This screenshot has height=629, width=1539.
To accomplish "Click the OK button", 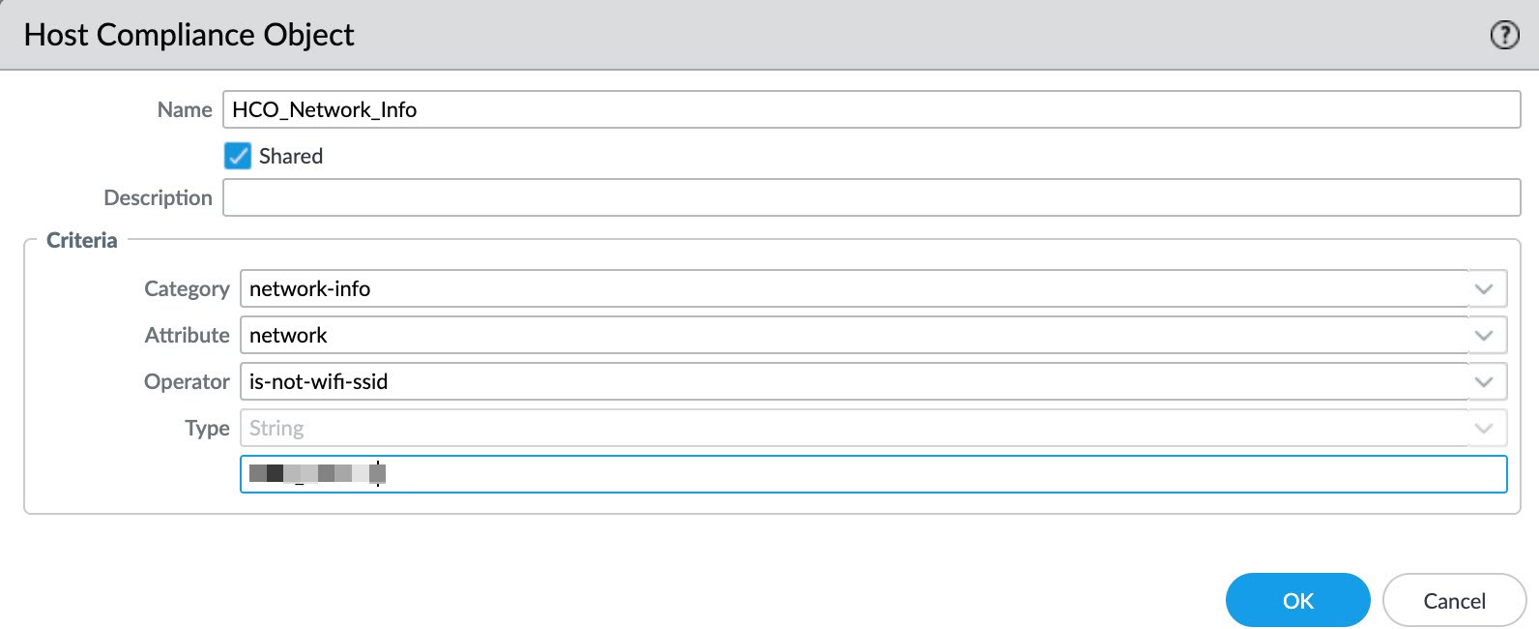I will point(1297,601).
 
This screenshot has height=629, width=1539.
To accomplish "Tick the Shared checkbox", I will point(238,156).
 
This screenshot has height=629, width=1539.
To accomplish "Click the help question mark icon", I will point(1504,36).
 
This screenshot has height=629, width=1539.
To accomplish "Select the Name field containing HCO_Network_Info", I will point(870,109).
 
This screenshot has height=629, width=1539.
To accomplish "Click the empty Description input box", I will point(870,197).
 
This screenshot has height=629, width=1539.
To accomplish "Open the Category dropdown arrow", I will point(1484,289).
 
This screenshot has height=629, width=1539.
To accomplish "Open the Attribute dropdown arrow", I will point(1484,336).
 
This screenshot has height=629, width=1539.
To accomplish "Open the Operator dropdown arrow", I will point(1484,382).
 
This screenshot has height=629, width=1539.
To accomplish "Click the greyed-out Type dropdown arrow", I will point(1484,429).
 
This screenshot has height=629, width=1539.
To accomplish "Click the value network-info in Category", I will point(309,289).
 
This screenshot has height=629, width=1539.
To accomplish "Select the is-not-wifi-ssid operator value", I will point(318,382).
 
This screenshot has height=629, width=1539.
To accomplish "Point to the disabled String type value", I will point(276,429).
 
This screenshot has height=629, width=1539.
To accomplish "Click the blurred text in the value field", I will point(317,473).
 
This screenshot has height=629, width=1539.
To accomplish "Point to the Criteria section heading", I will point(81,241).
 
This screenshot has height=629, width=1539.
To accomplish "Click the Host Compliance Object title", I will point(189,35).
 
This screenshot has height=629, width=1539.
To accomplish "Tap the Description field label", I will point(158,198).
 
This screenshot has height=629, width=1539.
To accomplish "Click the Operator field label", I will point(187,382).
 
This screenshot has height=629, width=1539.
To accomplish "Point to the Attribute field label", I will point(187,336).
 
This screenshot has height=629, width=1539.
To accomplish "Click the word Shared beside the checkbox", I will point(290,157).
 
